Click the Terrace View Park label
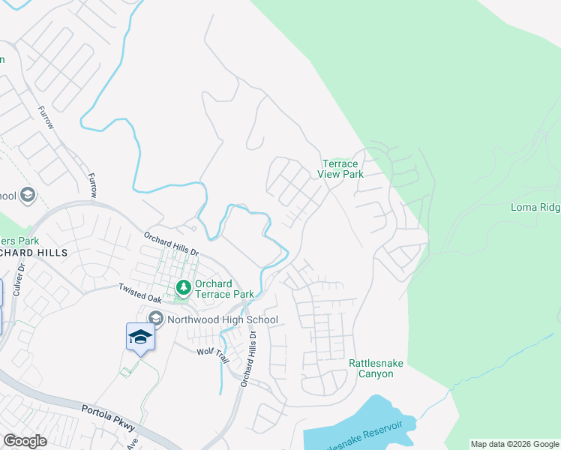(x=342, y=169)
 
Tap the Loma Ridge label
(x=535, y=207)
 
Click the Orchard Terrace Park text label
(x=225, y=289)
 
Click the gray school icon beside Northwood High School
(x=155, y=319)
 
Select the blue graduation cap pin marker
(x=140, y=337)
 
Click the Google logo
(x=25, y=440)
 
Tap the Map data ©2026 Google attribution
(x=515, y=444)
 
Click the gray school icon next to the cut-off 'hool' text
(x=28, y=196)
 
